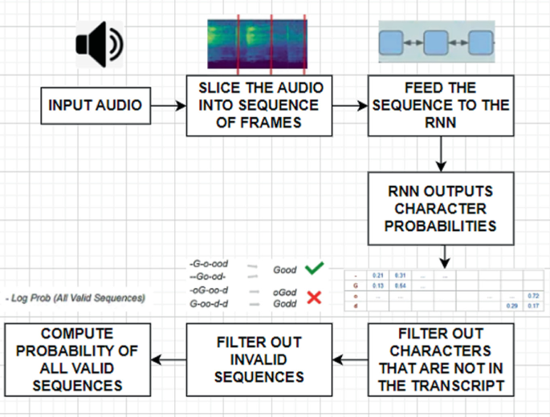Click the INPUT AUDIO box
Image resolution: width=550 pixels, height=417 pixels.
pyautogui.click(x=96, y=105)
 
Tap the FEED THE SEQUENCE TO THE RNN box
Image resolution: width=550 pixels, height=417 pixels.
pyautogui.click(x=441, y=105)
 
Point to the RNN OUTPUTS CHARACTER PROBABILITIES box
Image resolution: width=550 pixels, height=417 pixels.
pyautogui.click(x=441, y=209)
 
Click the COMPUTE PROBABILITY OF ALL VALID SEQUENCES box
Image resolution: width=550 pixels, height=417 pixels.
pyautogui.click(x=79, y=358)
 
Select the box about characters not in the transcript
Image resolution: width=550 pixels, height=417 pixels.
pyautogui.click(x=441, y=358)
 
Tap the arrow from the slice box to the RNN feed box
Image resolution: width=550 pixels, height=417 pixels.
pyautogui.click(x=349, y=105)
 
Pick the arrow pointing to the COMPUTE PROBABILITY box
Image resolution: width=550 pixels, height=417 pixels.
pyautogui.click(x=169, y=358)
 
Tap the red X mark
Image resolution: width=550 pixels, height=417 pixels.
pyautogui.click(x=315, y=298)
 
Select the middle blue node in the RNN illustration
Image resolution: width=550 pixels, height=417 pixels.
pyautogui.click(x=435, y=41)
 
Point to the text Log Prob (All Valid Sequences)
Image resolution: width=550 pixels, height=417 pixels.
pyautogui.click(x=75, y=298)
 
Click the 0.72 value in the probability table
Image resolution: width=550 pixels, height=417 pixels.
pyautogui.click(x=532, y=296)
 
